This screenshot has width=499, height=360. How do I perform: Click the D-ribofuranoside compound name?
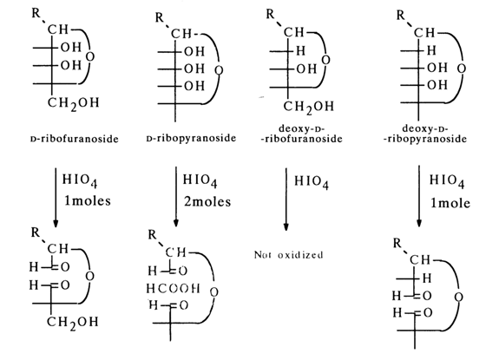(x=74, y=139)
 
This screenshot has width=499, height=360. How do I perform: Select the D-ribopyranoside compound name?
(x=191, y=138)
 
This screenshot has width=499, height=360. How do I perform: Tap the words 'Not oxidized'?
(x=289, y=255)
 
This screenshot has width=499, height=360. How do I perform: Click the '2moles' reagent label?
(x=207, y=202)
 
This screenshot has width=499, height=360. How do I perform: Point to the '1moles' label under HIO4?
(x=88, y=201)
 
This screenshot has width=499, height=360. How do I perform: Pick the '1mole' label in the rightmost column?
(x=450, y=203)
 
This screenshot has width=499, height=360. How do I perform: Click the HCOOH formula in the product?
(x=173, y=289)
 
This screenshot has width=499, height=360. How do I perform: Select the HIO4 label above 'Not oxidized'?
(x=312, y=181)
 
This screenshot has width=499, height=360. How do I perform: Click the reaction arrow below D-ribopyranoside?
(x=175, y=197)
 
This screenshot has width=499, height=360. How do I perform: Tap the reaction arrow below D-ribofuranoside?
(x=56, y=197)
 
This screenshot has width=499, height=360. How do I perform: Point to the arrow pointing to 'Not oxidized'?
(x=286, y=199)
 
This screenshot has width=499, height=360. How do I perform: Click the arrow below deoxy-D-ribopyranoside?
(x=419, y=196)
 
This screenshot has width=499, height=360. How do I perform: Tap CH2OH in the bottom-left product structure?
(x=73, y=323)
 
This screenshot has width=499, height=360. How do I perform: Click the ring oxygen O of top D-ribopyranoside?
(x=219, y=70)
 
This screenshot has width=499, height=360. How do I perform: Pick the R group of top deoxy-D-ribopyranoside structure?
(x=401, y=15)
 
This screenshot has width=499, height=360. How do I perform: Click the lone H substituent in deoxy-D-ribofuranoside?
(x=301, y=50)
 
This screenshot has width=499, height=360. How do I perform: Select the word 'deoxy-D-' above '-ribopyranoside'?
(x=425, y=128)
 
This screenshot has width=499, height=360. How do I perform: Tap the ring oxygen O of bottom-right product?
(x=458, y=298)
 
